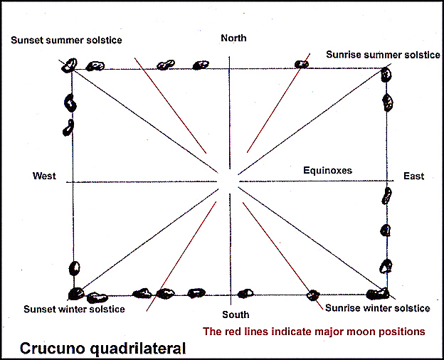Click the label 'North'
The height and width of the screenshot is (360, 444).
pos(233,38)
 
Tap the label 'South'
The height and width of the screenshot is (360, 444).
pos(236,314)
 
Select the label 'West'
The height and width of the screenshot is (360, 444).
pos(44,176)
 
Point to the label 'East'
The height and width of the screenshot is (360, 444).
pos(413,176)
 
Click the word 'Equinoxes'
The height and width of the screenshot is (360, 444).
pos(327,171)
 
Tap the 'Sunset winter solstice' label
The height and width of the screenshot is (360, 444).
pos(74,309)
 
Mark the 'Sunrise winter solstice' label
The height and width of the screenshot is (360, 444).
pos(377,309)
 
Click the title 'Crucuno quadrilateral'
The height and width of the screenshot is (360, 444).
pos(102,349)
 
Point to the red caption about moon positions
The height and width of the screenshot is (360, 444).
pos(314,332)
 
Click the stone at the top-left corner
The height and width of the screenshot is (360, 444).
pos(69,65)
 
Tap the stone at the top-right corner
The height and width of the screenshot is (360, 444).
pos(386,73)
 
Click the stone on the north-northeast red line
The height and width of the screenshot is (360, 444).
pos(302,64)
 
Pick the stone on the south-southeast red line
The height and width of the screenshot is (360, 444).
pos(312,295)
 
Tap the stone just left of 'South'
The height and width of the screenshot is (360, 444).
pos(245,293)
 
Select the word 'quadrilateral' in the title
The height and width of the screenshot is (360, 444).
pos(144,349)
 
